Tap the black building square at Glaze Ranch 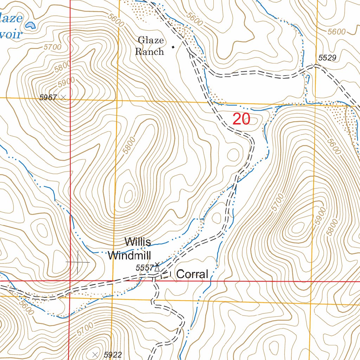[173, 47]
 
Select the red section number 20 [241, 120]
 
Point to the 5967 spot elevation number [48, 98]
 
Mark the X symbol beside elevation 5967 [63, 97]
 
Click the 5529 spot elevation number [328, 58]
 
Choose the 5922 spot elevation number [113, 355]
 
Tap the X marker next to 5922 [95, 354]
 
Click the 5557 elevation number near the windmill [144, 268]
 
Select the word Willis [138, 242]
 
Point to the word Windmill [129, 256]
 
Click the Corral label [192, 274]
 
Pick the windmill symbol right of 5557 [157, 267]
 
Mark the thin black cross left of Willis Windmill [78, 262]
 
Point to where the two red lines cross [70, 281]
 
